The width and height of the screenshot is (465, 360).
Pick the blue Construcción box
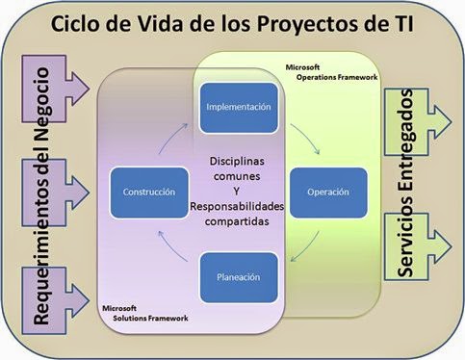click(x=148, y=192)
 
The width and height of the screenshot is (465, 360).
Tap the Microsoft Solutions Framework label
click(x=145, y=312)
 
